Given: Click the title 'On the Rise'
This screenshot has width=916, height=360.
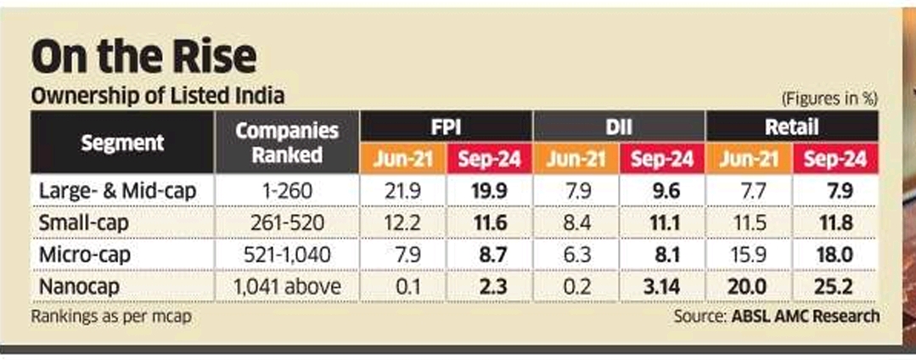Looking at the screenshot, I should tap(143, 58).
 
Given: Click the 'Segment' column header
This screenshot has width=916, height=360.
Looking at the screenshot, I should tap(123, 143).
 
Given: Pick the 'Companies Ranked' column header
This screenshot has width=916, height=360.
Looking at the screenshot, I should tap(287, 143).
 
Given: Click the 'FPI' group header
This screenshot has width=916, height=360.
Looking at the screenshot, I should tap(447, 127).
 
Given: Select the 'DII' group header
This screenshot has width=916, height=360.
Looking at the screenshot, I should tap(619, 127).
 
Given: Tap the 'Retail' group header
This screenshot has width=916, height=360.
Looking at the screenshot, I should tap(791, 127).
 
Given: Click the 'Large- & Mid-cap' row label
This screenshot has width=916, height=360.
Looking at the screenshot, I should tap(118, 191).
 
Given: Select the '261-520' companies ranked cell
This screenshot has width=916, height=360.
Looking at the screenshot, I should tap(287, 223).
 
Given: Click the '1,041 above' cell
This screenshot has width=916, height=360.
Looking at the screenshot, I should tap(287, 287).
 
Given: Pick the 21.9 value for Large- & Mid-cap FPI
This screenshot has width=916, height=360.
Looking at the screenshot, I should tap(403, 191).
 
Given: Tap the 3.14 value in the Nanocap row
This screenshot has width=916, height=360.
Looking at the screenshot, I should tap(661, 287).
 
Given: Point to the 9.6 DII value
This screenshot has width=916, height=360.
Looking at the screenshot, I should tap(661, 191).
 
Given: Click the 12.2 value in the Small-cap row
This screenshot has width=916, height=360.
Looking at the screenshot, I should tap(403, 223).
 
